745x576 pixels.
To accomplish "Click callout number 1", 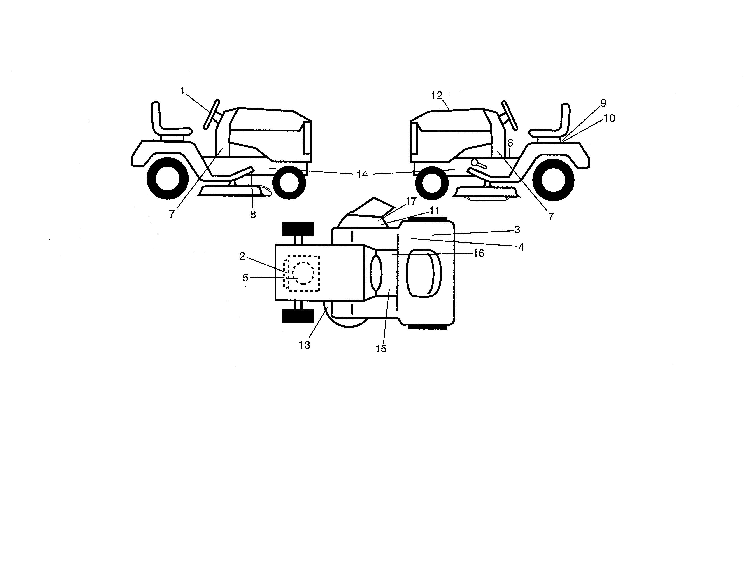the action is [182, 91].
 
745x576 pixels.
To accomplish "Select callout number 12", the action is [437, 96].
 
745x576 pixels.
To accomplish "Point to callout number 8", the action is [253, 214].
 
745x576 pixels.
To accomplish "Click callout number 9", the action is [603, 103].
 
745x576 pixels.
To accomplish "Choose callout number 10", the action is [609, 118].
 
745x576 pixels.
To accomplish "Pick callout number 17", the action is [411, 201].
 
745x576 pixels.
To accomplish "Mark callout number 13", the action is [304, 345].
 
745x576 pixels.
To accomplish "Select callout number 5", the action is [245, 278].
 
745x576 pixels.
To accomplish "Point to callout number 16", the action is [479, 253].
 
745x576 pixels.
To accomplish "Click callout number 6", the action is [510, 143].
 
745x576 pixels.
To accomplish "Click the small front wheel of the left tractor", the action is [289, 182].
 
